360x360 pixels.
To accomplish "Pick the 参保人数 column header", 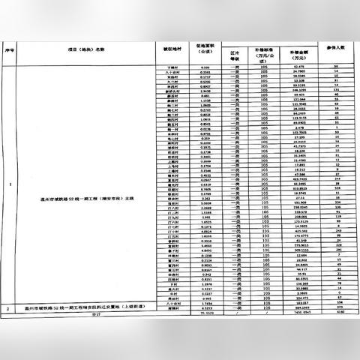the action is click(x=337, y=48).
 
